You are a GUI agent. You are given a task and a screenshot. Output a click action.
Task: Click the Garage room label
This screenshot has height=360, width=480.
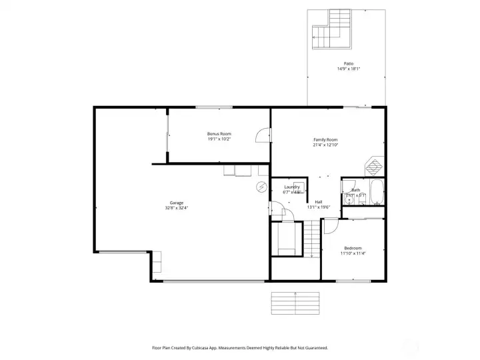coord(177,203)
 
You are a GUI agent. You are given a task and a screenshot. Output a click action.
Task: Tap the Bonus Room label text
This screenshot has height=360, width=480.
coord(219,134)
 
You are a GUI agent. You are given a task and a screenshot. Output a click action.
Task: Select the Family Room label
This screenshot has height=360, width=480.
coord(325,139)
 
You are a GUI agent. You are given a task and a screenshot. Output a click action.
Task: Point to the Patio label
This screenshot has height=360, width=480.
coord(349,64)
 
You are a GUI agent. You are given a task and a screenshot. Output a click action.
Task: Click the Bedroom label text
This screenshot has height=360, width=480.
coord(353,248)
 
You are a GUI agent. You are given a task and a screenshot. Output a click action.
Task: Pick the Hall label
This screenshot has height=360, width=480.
coord(319,202)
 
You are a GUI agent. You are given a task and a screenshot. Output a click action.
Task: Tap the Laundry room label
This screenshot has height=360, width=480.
coord(292,187)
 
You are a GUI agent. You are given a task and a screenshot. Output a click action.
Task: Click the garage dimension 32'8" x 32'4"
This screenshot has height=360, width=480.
coord(177,208)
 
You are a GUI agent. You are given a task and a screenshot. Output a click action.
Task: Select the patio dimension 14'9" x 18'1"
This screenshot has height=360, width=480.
coord(349,69)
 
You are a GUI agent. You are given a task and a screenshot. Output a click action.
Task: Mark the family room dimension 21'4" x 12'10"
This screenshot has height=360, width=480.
coord(325,145)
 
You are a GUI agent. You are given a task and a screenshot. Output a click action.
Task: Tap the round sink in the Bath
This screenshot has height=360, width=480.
coord(349,199)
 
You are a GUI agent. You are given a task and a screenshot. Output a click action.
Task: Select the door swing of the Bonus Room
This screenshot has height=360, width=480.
coord(263,135)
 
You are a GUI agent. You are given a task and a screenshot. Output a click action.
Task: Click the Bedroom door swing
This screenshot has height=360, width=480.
coord(330,227)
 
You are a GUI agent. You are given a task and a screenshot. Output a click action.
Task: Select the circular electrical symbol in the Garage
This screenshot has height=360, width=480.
coord(262,187)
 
